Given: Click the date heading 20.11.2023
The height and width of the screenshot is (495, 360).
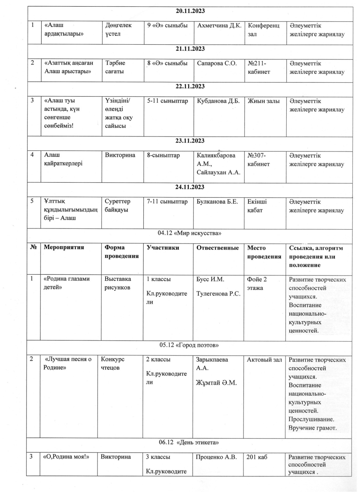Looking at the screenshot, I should coord(190,11).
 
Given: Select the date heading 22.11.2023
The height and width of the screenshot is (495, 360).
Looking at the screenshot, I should coord(190,86).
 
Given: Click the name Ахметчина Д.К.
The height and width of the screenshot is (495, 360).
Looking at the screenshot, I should coord(219,26).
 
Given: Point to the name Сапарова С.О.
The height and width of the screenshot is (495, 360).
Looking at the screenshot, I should coord(217,63).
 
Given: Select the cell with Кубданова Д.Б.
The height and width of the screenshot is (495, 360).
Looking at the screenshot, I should coord(218,101).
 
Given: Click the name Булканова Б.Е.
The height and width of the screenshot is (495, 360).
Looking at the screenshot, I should coord(217,202).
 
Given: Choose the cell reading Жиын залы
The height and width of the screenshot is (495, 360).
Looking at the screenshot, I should coord(263,101).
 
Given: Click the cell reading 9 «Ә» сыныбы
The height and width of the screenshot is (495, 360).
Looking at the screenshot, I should coord(167,26).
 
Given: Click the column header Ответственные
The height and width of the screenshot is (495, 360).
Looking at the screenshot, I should coord(218,248).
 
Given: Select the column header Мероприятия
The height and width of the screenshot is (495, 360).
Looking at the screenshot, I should coord(64,247).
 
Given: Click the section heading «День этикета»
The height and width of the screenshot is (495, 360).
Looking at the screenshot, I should coord(189,442).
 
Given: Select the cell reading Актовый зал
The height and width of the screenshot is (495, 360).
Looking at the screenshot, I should coord(264,360).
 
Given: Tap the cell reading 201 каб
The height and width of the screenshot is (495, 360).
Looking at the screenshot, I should coord(257,457).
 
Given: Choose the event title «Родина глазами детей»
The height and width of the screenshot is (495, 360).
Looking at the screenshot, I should coord(67,283).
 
